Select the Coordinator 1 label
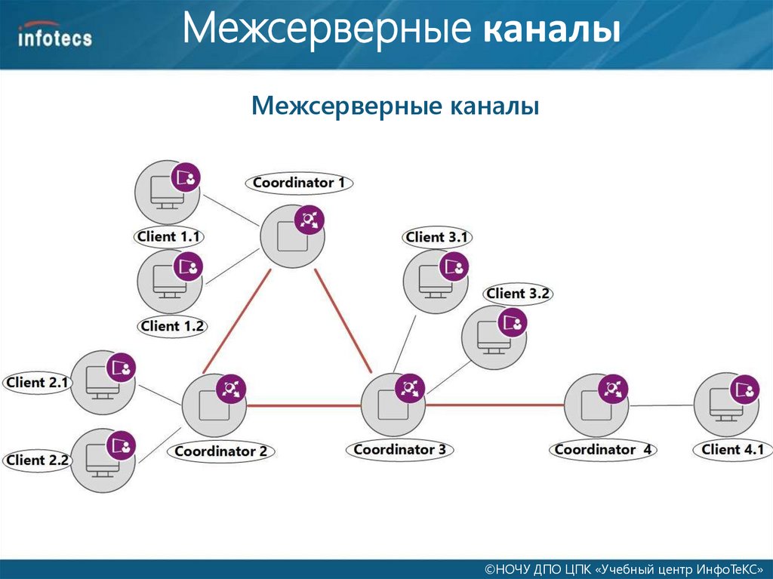pos(299,183)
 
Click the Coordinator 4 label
pos(603,450)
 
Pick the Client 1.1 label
pos(169,236)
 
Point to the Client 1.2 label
pos(172,326)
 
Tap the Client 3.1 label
pos(437,237)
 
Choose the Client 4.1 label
pos(732,450)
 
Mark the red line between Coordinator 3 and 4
pos(494,405)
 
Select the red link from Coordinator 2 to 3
pos(303,405)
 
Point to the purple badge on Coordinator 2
pos(230,389)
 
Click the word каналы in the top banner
pos(553,32)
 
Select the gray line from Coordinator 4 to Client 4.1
pos(662,405)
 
